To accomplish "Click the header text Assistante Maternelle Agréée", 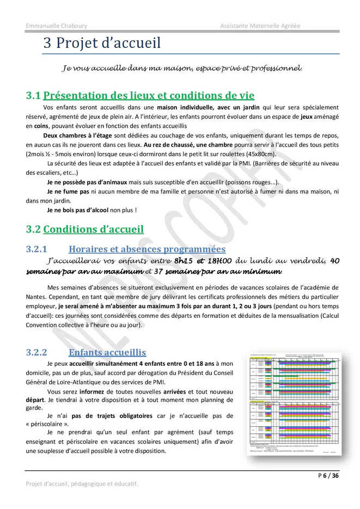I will (x=260, y=26).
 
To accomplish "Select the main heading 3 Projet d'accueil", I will (x=102, y=43).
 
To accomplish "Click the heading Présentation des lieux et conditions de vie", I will (x=149, y=96).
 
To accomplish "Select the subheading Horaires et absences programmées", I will (x=139, y=249).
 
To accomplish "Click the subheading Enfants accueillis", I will (x=107, y=352).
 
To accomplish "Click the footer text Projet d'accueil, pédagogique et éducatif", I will (x=82, y=483).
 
